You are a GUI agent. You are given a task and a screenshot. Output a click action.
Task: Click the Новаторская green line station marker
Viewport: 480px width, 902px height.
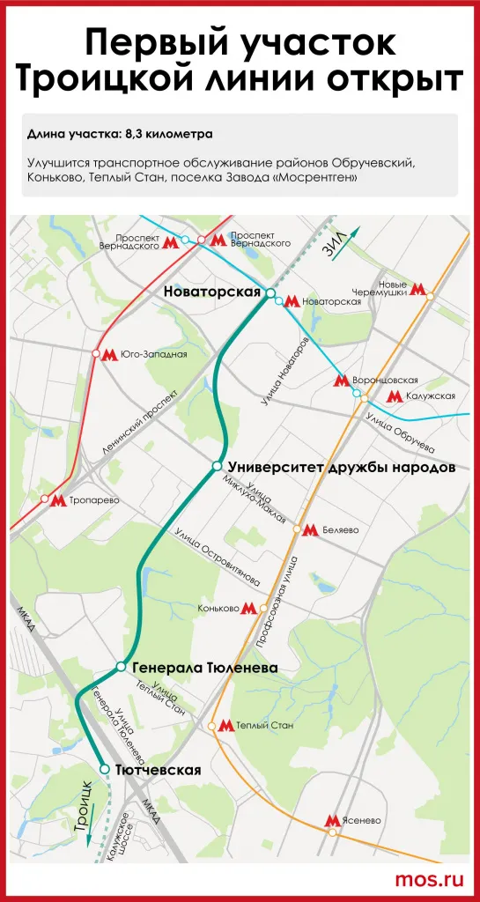tap(271, 292)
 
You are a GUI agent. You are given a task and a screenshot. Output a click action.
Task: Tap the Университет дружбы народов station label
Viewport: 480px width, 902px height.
tap(341, 467)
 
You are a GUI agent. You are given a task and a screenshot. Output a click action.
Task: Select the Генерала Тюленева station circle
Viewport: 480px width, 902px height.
tap(122, 667)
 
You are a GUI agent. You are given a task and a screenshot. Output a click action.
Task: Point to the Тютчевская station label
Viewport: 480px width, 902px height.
tap(158, 770)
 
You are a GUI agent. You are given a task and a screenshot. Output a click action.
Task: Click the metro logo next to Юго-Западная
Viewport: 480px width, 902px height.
tap(110, 354)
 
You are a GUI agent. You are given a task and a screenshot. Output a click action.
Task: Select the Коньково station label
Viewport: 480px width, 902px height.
tap(218, 608)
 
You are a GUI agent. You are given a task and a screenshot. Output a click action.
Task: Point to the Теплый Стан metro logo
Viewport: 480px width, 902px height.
tap(225, 726)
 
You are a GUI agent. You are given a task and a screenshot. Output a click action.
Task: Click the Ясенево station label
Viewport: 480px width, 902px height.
tap(363, 820)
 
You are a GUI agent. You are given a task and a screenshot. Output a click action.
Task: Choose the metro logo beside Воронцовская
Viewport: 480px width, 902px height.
tap(342, 381)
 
